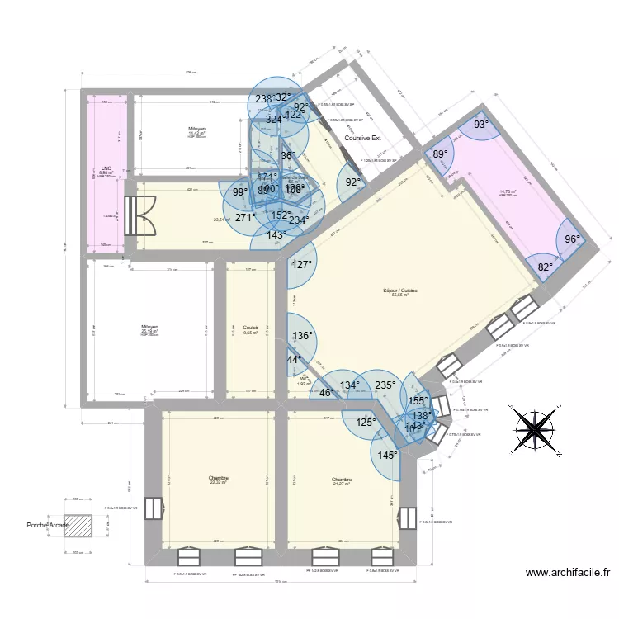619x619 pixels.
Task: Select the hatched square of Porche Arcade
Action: tap(78, 525)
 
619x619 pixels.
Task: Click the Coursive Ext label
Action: tap(362, 139)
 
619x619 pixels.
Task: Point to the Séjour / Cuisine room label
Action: tap(400, 291)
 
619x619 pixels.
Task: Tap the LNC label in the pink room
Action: tap(106, 168)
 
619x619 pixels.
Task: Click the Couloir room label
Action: tap(250, 327)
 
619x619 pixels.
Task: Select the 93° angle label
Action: tap(480, 125)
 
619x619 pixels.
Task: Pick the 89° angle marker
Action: tap(440, 154)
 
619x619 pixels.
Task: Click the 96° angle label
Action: tap(572, 239)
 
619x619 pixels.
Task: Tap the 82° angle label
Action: tap(546, 267)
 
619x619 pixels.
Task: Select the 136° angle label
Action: tap(303, 335)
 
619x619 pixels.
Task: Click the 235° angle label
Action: tap(385, 385)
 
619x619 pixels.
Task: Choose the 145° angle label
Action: tap(388, 455)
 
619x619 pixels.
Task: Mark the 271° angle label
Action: tap(245, 218)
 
